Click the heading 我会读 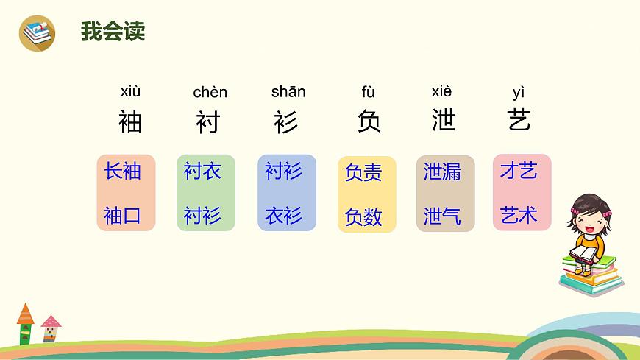[113, 32]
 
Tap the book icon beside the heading [37, 32]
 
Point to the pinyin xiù [130, 92]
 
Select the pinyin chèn [210, 93]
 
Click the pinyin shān [288, 92]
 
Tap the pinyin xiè [441, 92]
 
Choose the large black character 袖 [130, 121]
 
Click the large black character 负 [369, 121]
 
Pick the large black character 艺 [519, 121]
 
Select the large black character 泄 [444, 121]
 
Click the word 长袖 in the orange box [122, 172]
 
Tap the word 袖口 [122, 216]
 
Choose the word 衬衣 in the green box [202, 172]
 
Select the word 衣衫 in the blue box [283, 216]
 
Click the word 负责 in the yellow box [363, 173]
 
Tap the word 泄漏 [442, 172]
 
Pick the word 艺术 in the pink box [519, 216]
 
